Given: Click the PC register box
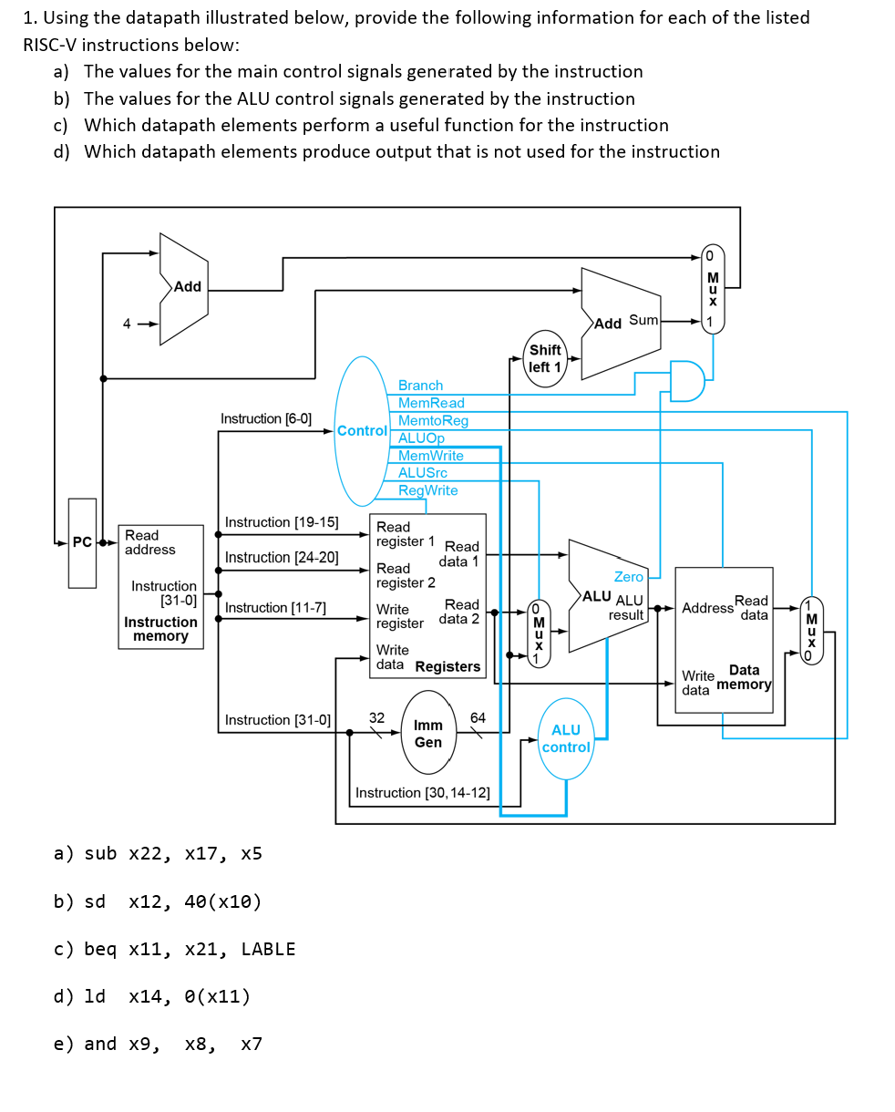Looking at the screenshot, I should pyautogui.click(x=82, y=542).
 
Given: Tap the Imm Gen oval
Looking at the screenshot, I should pyautogui.click(x=428, y=734).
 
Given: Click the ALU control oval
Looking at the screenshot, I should pyautogui.click(x=566, y=738).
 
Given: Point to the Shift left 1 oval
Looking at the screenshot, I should pyautogui.click(x=545, y=358).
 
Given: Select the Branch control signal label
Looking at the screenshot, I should pyautogui.click(x=420, y=386).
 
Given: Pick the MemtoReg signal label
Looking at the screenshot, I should pyautogui.click(x=433, y=420).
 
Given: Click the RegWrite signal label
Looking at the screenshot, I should pyautogui.click(x=427, y=490).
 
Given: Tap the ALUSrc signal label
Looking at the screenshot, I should pyautogui.click(x=422, y=472).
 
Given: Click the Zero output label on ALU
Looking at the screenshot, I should pyautogui.click(x=628, y=577).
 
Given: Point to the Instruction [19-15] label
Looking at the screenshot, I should pyautogui.click(x=282, y=522).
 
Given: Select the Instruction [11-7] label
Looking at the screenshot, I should pyautogui.click(x=275, y=608).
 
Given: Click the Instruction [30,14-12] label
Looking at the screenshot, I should pyautogui.click(x=422, y=793).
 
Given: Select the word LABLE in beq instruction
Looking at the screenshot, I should pyautogui.click(x=268, y=949).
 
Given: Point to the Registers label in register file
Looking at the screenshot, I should pyautogui.click(x=447, y=666).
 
